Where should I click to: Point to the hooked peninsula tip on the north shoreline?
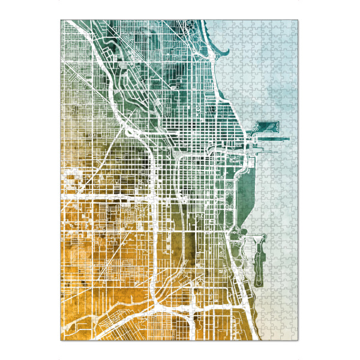coord(227,50)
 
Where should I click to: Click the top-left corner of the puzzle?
coord(61,20)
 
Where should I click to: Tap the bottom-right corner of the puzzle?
coord(299,340)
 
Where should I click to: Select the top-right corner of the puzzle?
coord(299,20)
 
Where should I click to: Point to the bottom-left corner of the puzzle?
coord(61,340)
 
